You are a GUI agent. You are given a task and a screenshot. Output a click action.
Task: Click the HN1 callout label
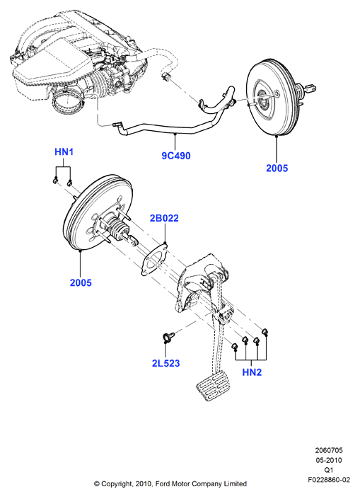tap(64, 152)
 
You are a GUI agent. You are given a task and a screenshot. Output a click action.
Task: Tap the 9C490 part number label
tap(176, 156)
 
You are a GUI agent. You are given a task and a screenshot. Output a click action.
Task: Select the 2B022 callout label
tap(164, 218)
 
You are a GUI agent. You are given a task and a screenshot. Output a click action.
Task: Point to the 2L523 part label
tap(166, 363)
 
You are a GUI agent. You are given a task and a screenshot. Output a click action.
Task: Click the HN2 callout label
tap(252, 372)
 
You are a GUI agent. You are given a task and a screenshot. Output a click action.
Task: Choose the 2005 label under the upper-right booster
tap(277, 168)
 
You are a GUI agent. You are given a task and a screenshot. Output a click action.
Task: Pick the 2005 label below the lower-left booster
tap(81, 282)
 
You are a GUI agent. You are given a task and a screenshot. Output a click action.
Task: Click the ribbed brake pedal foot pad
tap(212, 386)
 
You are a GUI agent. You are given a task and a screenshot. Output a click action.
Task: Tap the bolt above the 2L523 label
tap(168, 337)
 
